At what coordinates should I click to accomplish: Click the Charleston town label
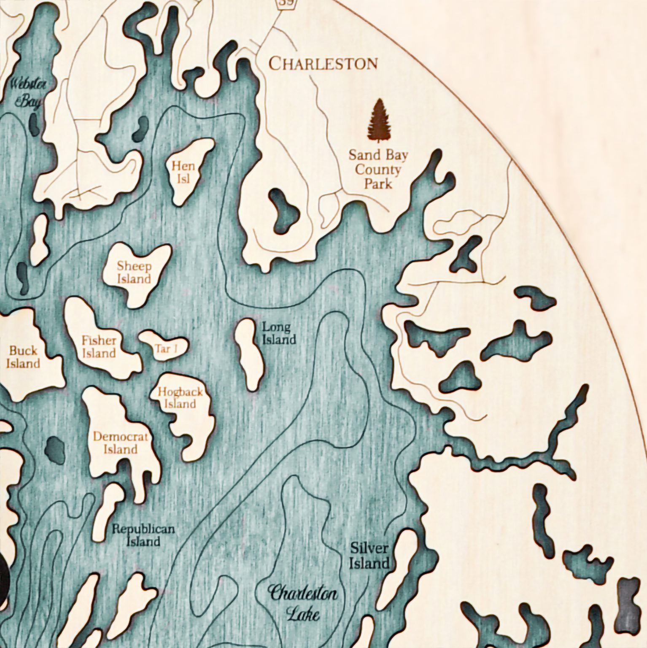323,64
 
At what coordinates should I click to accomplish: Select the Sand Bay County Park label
378,170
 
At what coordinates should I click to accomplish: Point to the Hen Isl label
183,172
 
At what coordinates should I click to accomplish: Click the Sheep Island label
134,273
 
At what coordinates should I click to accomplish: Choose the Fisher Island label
99,346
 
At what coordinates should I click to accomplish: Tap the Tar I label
165,349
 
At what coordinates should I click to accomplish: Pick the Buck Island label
24,357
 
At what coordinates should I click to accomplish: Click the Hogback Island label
180,398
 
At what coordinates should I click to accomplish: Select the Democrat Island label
121,443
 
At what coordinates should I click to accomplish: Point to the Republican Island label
143,535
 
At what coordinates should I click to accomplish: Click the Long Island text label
277,333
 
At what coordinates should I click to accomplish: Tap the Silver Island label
369,556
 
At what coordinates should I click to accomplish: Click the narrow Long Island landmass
249,354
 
